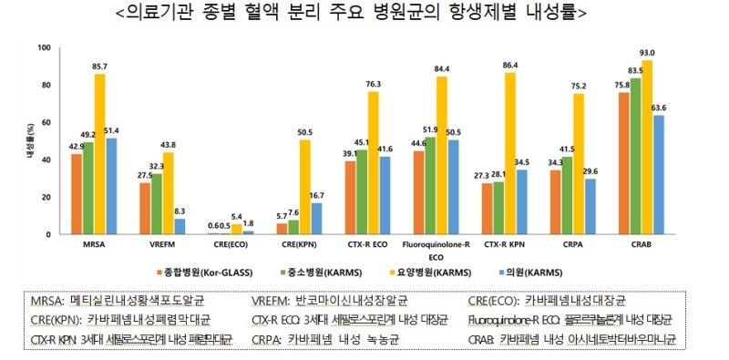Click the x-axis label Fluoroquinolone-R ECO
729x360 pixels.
click(431, 250)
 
